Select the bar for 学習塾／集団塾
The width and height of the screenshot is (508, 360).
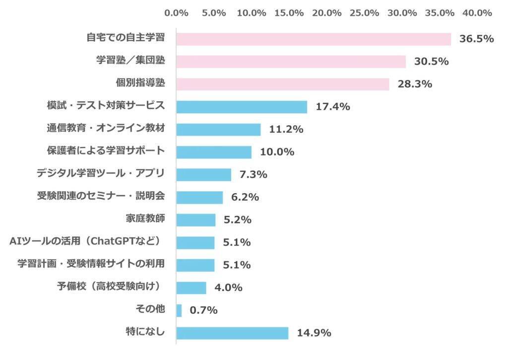point(291,62)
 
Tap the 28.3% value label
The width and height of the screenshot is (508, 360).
point(415,84)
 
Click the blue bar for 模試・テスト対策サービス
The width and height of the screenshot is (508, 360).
point(242,107)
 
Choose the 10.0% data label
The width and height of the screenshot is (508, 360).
point(277,152)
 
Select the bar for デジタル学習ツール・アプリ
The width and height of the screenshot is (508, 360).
point(203,174)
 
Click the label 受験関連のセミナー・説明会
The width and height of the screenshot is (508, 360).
point(101,196)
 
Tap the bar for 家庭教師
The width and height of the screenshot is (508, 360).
point(195,219)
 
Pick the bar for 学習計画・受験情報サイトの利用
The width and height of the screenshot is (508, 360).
point(195,265)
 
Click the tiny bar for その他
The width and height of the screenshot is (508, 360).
point(179,310)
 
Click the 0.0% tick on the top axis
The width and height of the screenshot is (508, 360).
point(176,13)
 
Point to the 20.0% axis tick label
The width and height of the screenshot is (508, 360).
point(326,13)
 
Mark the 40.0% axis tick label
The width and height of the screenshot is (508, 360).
point(477,13)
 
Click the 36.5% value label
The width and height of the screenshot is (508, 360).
point(476,39)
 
